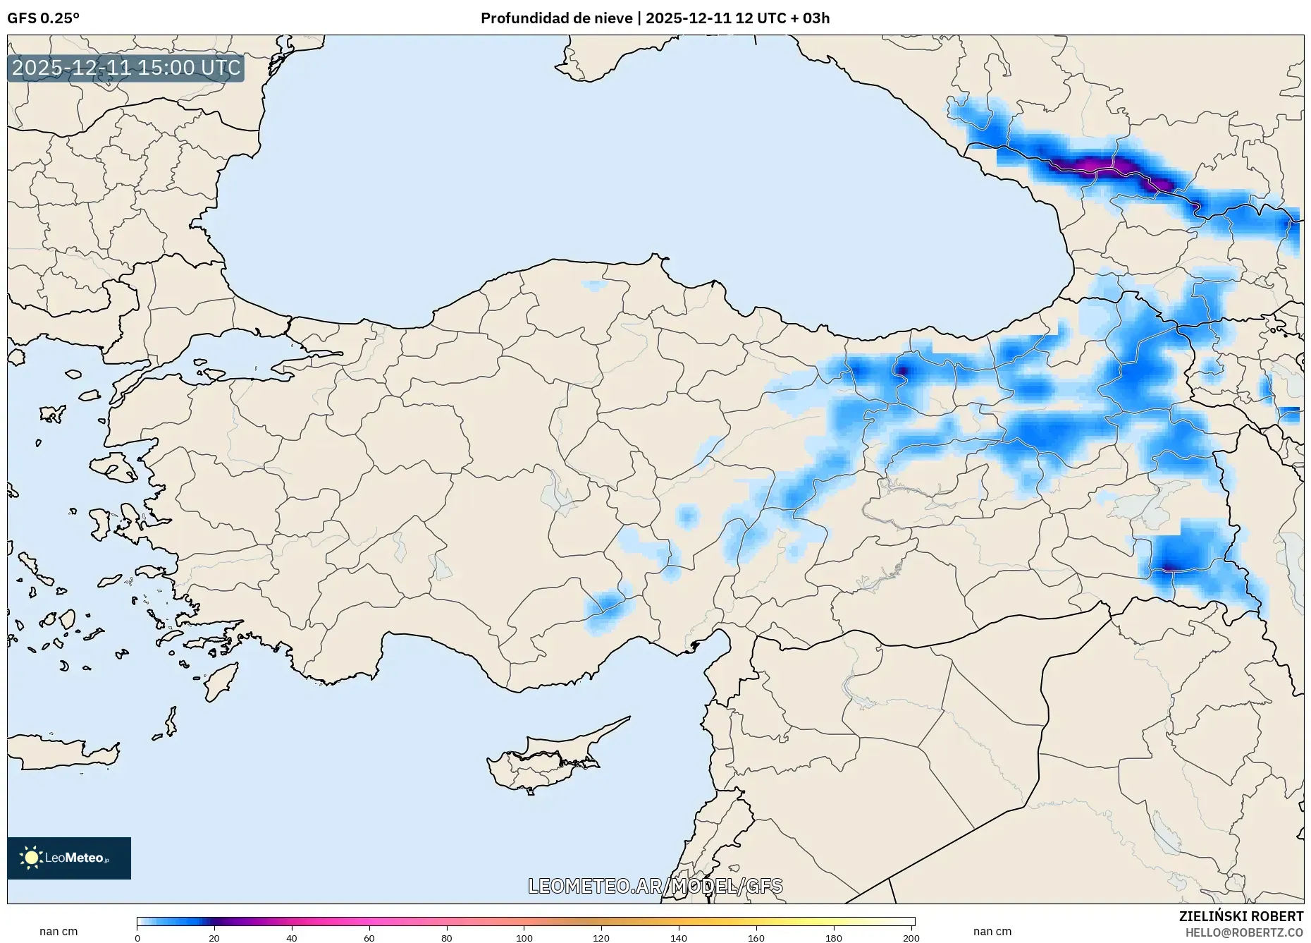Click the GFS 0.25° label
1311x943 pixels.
click(x=43, y=18)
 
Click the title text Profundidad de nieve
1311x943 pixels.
click(x=556, y=18)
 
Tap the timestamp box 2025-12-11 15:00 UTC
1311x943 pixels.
click(x=126, y=68)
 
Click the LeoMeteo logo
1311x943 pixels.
click(x=69, y=858)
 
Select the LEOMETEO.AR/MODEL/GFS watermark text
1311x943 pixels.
click(x=655, y=886)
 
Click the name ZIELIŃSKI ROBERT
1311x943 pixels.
click(x=1241, y=916)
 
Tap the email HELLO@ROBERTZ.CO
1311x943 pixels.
click(x=1243, y=932)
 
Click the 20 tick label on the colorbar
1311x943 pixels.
click(x=214, y=938)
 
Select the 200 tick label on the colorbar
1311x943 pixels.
click(x=911, y=938)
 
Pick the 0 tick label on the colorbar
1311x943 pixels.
click(x=137, y=938)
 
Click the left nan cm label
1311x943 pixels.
click(x=59, y=932)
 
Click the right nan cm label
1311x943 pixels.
click(x=992, y=932)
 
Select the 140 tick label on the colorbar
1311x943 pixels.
click(x=678, y=938)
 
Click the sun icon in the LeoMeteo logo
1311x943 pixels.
click(x=31, y=858)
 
